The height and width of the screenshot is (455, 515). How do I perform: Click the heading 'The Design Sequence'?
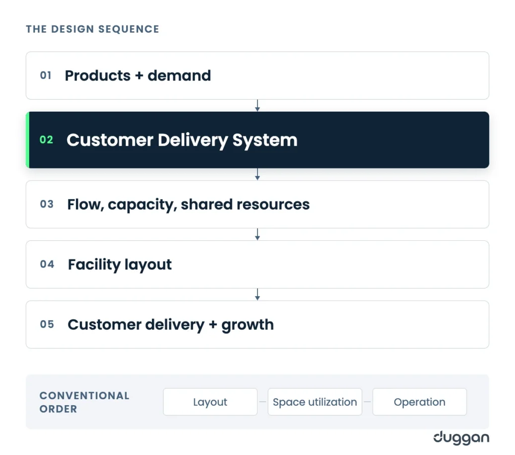93,29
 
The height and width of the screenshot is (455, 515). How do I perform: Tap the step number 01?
46,75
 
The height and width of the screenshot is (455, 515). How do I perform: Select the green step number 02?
46,140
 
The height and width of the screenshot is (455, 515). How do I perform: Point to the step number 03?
47,204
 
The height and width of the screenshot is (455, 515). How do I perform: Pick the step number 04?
47,264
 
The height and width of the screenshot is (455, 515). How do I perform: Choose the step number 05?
47,324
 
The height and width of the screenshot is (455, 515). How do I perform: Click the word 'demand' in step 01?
179,75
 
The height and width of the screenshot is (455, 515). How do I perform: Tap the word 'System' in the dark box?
265,140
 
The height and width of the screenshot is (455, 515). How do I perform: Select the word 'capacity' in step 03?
142,205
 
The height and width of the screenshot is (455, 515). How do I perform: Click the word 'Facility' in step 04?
94,264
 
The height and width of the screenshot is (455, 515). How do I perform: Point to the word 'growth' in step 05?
247,325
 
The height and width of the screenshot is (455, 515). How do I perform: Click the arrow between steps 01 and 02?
257,106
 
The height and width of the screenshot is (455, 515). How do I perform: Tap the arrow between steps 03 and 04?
257,234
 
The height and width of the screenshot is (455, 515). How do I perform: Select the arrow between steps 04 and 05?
257,295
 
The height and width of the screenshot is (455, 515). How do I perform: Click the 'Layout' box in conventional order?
210,402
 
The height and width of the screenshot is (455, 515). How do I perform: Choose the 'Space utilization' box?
315,402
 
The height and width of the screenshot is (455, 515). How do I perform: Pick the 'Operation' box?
420,402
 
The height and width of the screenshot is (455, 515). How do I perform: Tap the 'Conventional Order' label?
84,402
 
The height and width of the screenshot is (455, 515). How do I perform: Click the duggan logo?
461,438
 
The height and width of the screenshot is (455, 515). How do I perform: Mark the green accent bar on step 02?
28,140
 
